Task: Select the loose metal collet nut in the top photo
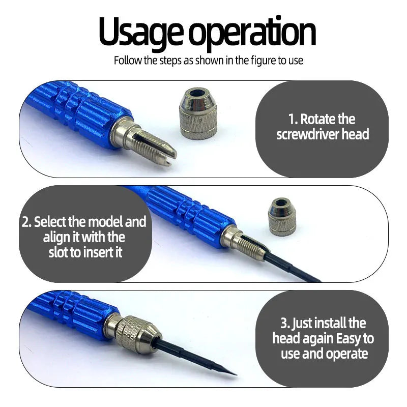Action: click(198, 114)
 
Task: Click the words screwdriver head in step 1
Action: click(323, 135)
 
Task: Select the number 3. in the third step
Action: click(286, 323)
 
